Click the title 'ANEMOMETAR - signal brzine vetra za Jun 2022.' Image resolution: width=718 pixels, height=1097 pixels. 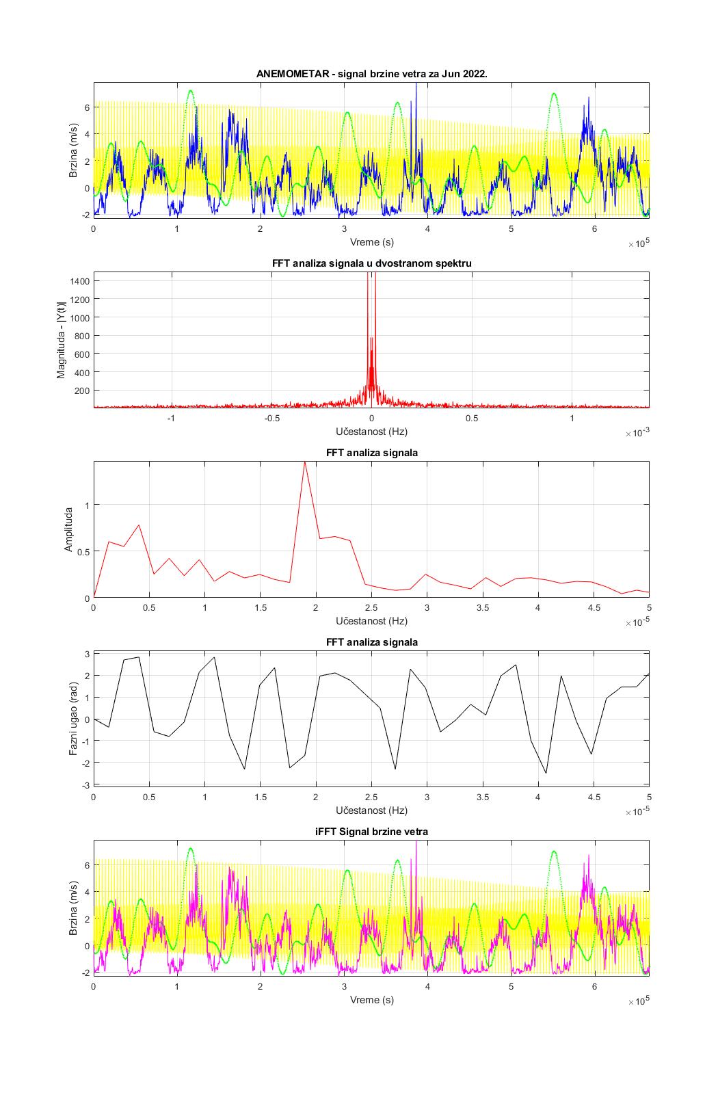click(x=371, y=74)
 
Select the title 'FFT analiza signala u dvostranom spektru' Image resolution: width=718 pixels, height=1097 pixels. click(x=371, y=263)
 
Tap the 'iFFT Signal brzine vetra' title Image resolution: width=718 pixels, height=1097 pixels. click(x=371, y=832)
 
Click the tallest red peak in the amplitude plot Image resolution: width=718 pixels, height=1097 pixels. click(x=305, y=463)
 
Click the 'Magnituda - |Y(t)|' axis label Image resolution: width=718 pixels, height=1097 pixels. click(x=62, y=340)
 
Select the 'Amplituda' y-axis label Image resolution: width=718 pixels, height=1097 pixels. click(x=68, y=529)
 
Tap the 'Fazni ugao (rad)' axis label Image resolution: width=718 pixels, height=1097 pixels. click(x=72, y=719)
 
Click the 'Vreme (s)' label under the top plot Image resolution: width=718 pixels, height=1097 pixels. click(x=371, y=242)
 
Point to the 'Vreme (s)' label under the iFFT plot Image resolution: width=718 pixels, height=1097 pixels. click(x=371, y=1000)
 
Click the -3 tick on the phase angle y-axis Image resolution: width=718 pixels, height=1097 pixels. click(x=85, y=784)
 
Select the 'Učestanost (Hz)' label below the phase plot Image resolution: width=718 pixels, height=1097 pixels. click(x=371, y=810)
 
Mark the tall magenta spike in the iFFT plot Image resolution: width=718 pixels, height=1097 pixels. click(x=416, y=845)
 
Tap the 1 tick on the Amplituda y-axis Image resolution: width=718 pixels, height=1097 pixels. click(x=87, y=505)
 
